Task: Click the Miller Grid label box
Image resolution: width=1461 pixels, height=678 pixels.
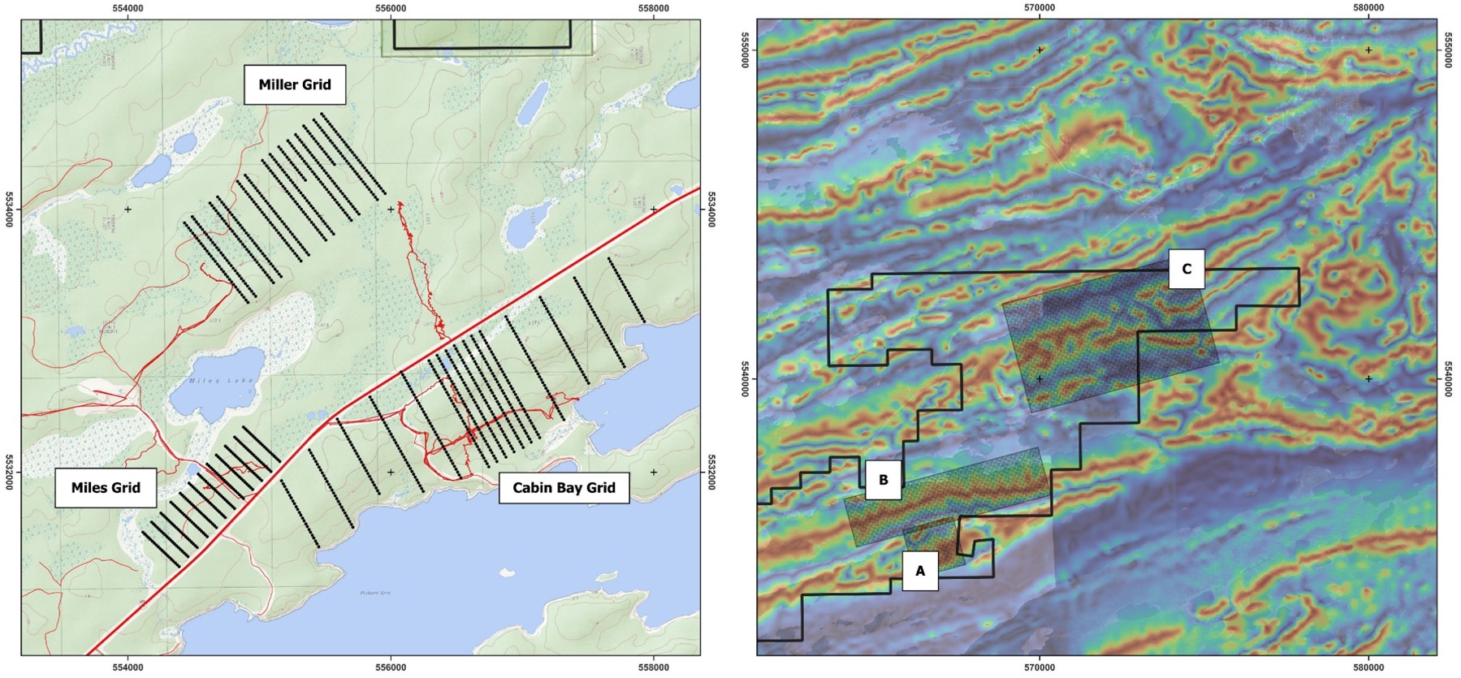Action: (295, 84)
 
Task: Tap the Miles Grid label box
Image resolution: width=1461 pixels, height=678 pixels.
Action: (106, 487)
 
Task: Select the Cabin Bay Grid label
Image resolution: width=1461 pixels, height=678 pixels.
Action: (564, 487)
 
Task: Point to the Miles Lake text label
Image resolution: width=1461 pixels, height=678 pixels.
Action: (222, 380)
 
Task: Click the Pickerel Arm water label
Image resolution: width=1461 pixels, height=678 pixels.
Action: (375, 593)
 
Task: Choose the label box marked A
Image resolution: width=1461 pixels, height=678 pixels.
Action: (920, 571)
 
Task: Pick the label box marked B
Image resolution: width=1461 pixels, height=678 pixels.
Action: (883, 480)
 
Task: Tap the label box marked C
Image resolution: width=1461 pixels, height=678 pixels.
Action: (1187, 269)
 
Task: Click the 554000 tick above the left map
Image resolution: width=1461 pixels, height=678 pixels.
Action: (128, 8)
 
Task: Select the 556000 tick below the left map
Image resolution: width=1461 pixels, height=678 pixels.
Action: (391, 667)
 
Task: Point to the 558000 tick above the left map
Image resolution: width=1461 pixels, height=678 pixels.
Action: (654, 8)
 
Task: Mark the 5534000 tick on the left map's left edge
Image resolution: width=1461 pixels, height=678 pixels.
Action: (10, 209)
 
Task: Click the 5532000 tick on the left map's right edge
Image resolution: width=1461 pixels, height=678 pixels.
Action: (711, 472)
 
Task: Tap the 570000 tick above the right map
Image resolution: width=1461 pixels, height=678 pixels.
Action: (1040, 8)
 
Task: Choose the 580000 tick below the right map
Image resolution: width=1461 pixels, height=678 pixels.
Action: (1368, 667)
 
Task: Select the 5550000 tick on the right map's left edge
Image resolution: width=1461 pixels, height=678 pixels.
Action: (746, 50)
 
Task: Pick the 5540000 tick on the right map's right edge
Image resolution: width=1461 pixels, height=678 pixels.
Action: (1448, 378)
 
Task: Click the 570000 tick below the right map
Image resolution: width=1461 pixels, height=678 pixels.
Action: (1040, 667)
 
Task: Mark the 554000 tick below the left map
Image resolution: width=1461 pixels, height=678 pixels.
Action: (128, 667)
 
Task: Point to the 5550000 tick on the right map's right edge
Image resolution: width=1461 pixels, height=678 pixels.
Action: (1448, 50)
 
